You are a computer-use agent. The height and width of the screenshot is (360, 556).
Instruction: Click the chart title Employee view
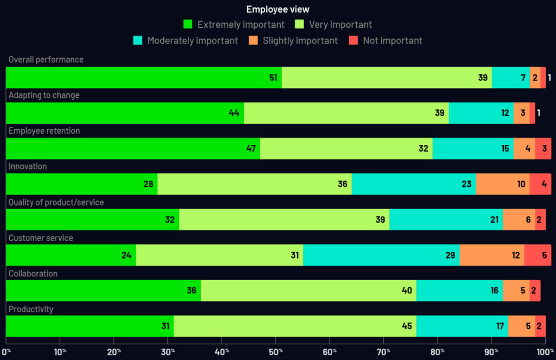coord(278,9)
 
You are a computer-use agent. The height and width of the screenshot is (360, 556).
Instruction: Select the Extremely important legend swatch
coord(188,24)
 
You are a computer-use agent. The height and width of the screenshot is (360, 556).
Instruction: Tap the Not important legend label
coord(393,41)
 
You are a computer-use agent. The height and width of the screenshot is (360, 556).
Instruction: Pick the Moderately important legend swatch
coord(138,41)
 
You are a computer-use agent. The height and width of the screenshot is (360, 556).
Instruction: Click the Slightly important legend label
coord(300,41)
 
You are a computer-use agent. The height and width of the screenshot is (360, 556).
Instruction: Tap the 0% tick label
coord(7,352)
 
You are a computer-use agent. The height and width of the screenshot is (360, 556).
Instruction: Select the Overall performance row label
coord(46,60)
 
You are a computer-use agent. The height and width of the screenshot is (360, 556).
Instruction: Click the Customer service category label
coord(41,238)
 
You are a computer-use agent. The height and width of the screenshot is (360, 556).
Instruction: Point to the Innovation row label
coord(28,167)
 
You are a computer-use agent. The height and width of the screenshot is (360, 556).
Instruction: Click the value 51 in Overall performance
coord(273,78)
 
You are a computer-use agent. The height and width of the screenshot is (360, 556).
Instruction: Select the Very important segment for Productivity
coord(295,326)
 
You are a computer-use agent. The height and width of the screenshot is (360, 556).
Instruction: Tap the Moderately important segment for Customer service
coord(381,255)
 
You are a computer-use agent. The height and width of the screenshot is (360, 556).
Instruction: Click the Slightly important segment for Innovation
coord(503,184)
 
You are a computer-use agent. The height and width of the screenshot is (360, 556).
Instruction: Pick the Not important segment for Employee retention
coord(543,149)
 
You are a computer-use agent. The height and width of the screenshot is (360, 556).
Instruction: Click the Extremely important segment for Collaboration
coord(103,290)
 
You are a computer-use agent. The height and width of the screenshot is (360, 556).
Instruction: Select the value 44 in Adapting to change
coord(234,113)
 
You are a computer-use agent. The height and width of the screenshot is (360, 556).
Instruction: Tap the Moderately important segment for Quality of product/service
coord(446,220)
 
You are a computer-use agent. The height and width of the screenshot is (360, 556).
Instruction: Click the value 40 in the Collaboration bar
coord(407,290)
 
